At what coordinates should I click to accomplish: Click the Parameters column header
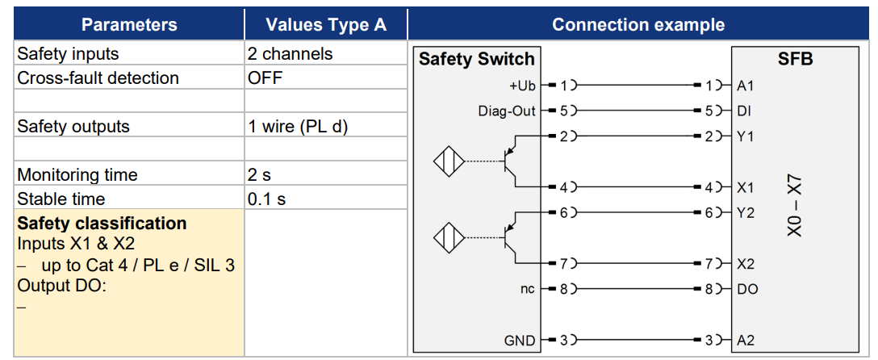(129, 25)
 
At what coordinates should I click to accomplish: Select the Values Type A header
(326, 25)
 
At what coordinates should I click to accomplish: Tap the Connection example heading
(638, 25)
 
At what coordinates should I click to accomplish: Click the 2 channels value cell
(290, 54)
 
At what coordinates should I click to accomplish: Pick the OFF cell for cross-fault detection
(265, 77)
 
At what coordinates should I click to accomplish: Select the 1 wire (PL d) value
(297, 127)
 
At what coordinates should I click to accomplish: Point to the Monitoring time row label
(77, 174)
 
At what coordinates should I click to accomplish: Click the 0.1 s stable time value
(266, 199)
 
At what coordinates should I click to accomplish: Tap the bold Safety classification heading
(102, 224)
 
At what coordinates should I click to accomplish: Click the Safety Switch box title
(476, 60)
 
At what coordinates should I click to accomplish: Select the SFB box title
(795, 60)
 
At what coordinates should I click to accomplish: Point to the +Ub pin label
(522, 86)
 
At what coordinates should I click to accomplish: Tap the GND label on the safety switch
(521, 341)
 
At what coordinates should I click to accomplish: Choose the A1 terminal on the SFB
(745, 86)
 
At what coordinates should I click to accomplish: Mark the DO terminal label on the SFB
(746, 290)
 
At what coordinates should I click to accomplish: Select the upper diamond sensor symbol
(449, 161)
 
